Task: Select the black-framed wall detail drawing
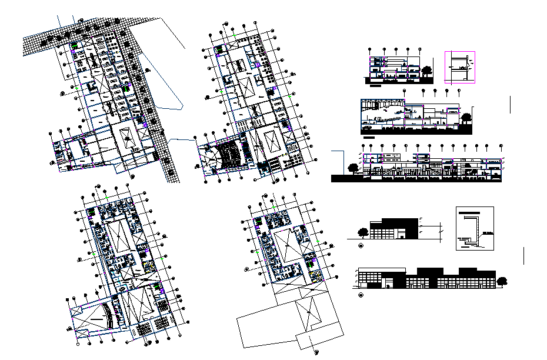click(475, 228)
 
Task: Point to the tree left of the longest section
click(354, 167)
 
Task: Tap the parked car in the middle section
click(368, 127)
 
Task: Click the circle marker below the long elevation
click(361, 295)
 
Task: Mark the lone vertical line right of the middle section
click(511, 105)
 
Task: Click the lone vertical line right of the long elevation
click(523, 256)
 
